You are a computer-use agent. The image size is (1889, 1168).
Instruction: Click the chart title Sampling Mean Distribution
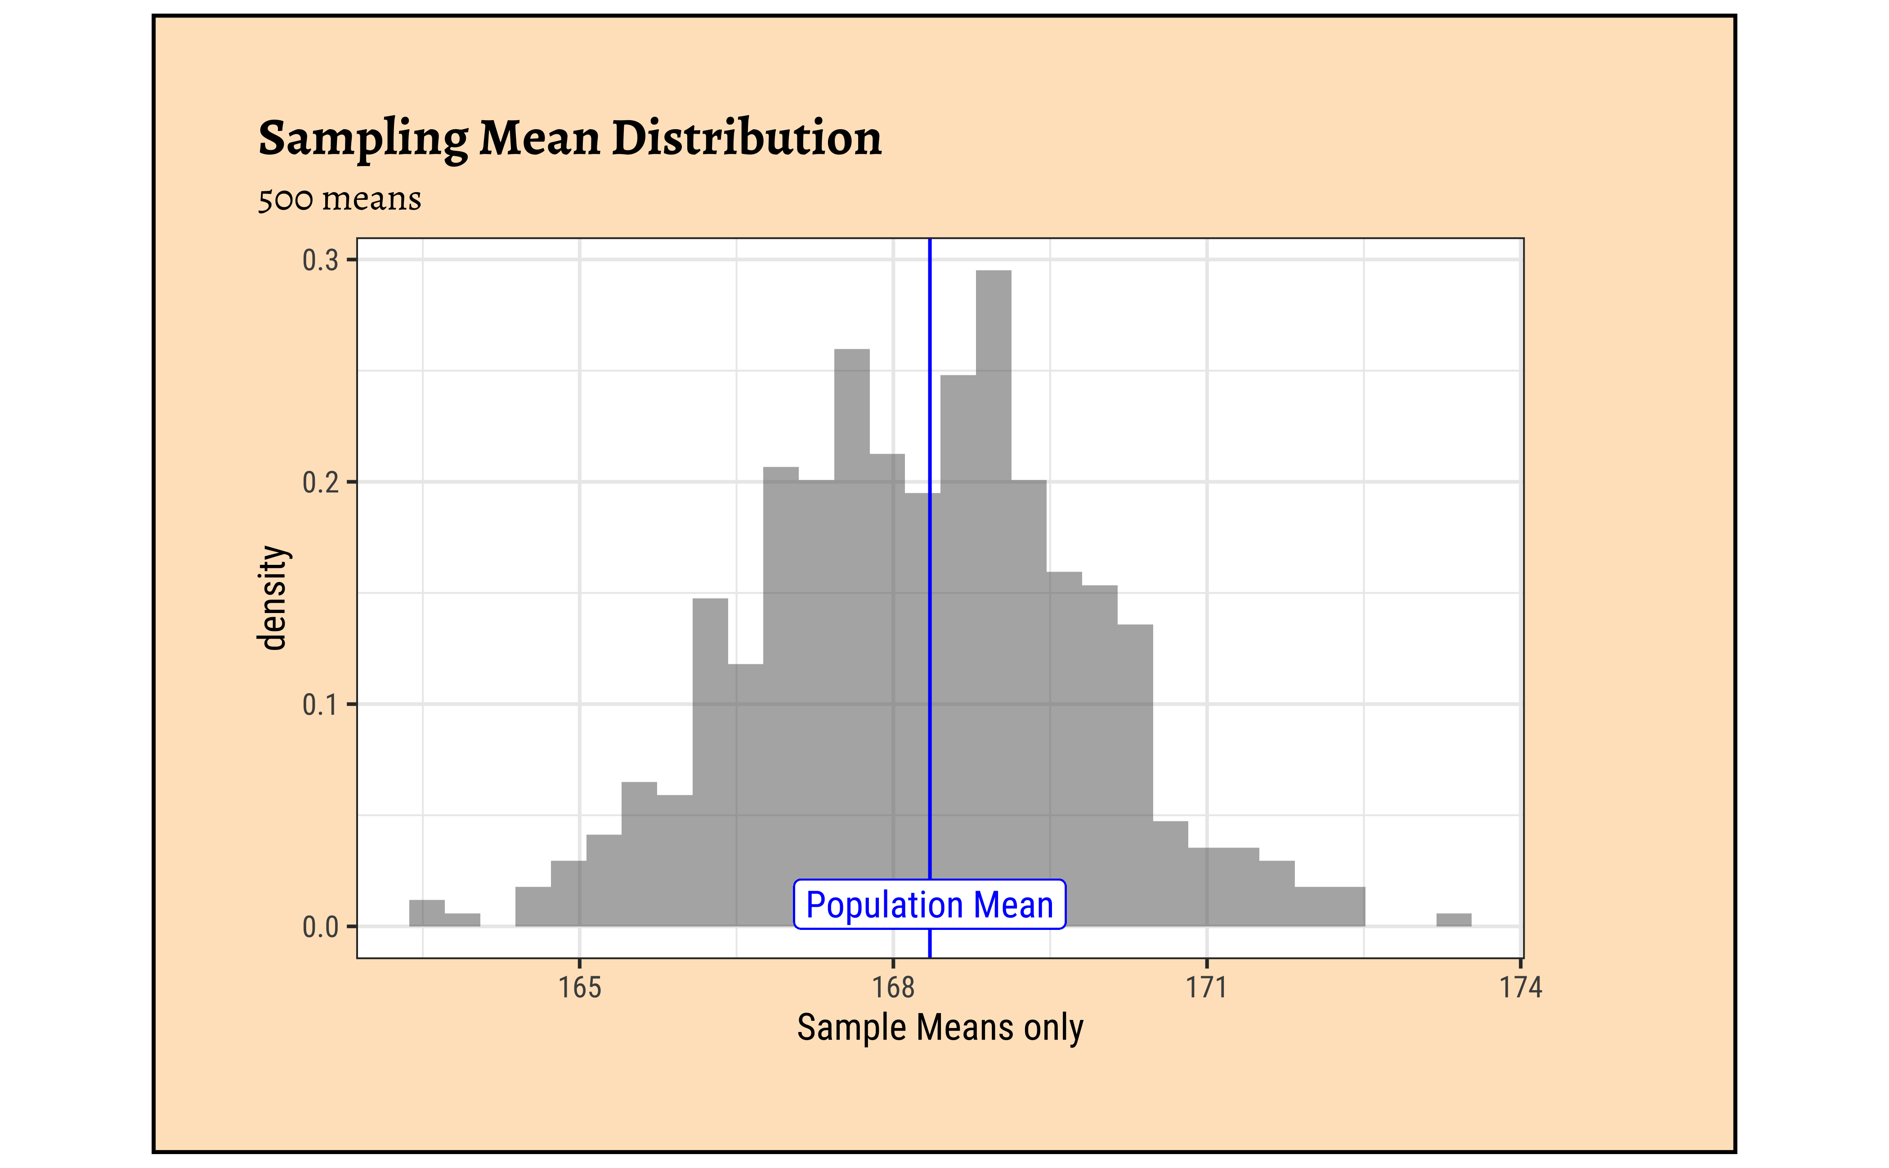click(570, 139)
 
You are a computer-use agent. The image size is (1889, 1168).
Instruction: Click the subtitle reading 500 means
click(340, 199)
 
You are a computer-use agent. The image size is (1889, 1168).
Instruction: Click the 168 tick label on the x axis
click(893, 987)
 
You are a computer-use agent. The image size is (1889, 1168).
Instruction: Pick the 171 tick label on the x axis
click(1207, 987)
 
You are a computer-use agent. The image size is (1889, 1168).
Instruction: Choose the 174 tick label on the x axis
click(1520, 987)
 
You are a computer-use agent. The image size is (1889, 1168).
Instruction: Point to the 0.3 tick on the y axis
click(320, 260)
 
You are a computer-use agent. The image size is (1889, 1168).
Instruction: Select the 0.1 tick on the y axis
click(320, 704)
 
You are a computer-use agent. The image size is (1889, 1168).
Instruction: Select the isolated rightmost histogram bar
click(1454, 920)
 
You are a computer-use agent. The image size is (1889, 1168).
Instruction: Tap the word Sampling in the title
click(363, 139)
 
